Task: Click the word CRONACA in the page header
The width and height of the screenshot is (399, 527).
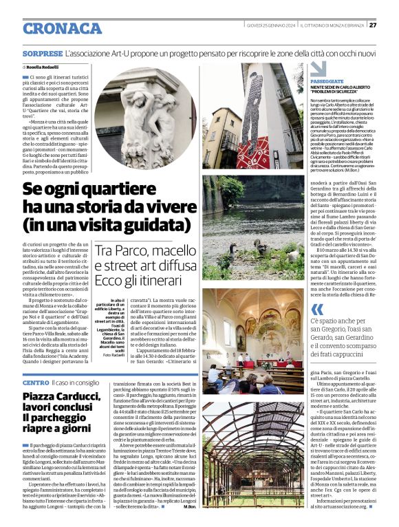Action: coord(62,28)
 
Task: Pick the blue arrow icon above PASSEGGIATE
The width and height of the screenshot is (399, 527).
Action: coord(317,69)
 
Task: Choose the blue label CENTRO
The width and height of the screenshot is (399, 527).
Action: coord(35,382)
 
